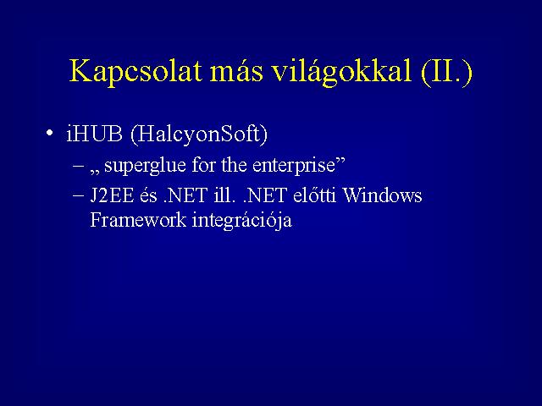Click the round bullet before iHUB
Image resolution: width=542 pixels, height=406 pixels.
coord(49,134)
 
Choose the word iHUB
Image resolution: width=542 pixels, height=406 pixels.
coord(94,134)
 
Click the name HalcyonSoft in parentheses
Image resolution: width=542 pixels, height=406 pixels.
coord(200,134)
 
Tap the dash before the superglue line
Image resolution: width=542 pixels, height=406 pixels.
coord(79,166)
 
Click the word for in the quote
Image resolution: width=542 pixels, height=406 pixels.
coord(204,164)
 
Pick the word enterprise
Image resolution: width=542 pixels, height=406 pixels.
coord(294,166)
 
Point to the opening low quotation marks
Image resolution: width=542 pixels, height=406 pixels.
coord(95,172)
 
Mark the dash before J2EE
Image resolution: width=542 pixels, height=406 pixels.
coord(79,196)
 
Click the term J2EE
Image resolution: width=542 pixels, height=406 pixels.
coord(112,195)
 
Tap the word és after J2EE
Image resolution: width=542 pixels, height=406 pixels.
coord(148,195)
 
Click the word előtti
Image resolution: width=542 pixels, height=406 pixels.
coord(314,195)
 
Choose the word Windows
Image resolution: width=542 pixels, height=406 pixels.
coord(382,195)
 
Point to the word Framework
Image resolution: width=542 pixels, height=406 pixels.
coord(138,220)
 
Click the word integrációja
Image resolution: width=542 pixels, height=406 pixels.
coord(242,221)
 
